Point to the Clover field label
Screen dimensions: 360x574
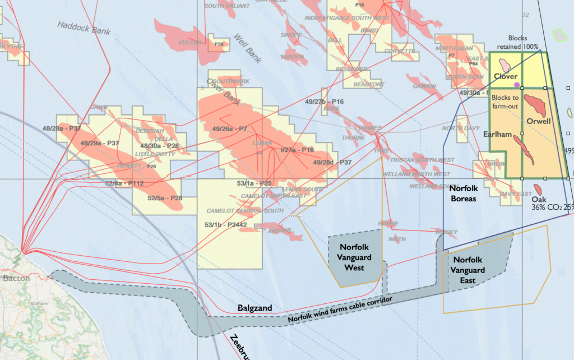(x=505, y=76)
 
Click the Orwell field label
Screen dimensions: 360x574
(x=539, y=121)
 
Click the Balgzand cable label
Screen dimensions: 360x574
(x=254, y=308)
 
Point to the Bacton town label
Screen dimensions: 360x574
(x=15, y=278)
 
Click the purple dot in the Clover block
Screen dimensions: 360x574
(x=517, y=85)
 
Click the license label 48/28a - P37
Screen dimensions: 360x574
(x=62, y=128)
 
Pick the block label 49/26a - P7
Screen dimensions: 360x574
(x=230, y=129)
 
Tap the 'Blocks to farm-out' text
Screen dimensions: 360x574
(x=508, y=102)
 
